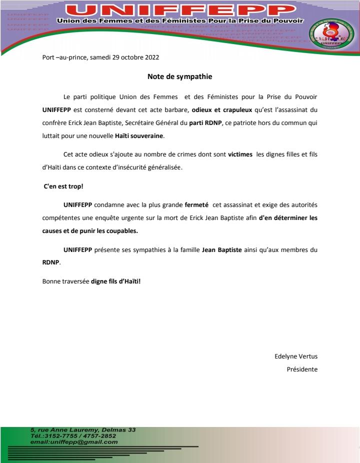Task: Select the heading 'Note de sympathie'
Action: pyautogui.click(x=180, y=76)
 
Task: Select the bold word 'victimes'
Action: pyautogui.click(x=240, y=154)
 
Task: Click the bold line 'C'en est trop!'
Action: pyautogui.click(x=63, y=185)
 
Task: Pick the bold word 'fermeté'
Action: pyautogui.click(x=196, y=204)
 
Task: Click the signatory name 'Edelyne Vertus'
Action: pyautogui.click(x=296, y=356)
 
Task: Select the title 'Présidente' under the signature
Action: pyautogui.click(x=301, y=369)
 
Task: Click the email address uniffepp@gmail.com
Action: pyautogui.click(x=74, y=442)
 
